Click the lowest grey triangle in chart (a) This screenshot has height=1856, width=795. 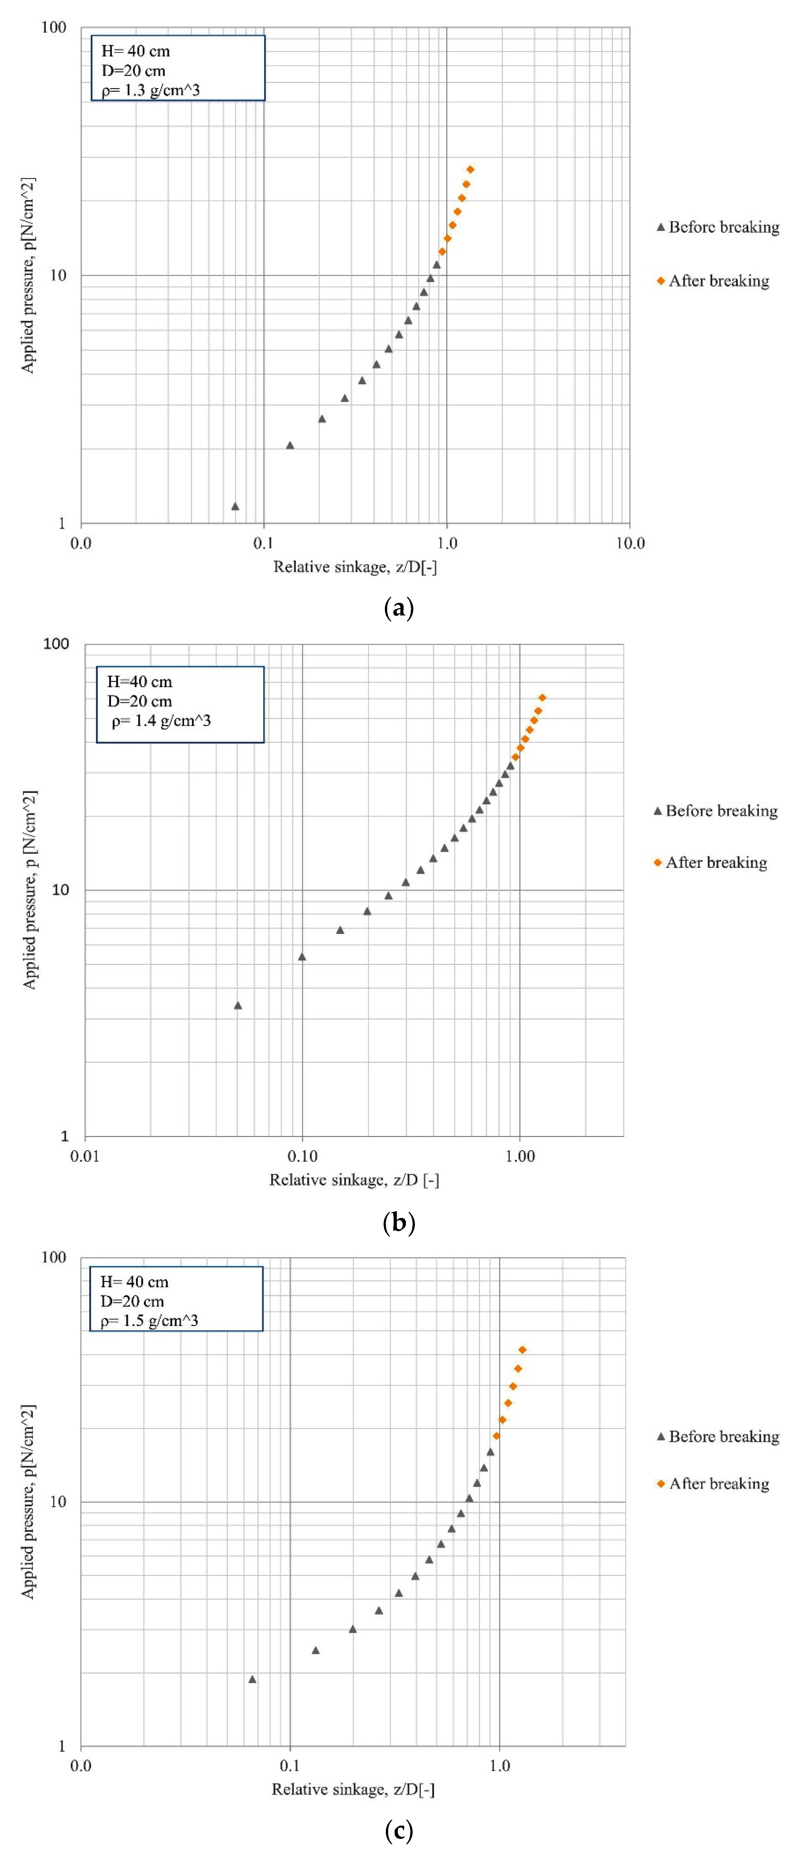pyautogui.click(x=235, y=506)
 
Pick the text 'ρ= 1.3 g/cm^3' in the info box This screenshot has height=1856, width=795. pyautogui.click(x=151, y=90)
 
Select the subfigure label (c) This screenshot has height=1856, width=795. pyautogui.click(x=399, y=1830)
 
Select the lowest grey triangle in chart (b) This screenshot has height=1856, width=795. pyautogui.click(x=238, y=1006)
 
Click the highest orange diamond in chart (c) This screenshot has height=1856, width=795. pyautogui.click(x=522, y=1350)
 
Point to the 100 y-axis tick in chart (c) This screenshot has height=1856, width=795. pyautogui.click(x=53, y=1257)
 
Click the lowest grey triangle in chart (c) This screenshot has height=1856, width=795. pyautogui.click(x=252, y=1679)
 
